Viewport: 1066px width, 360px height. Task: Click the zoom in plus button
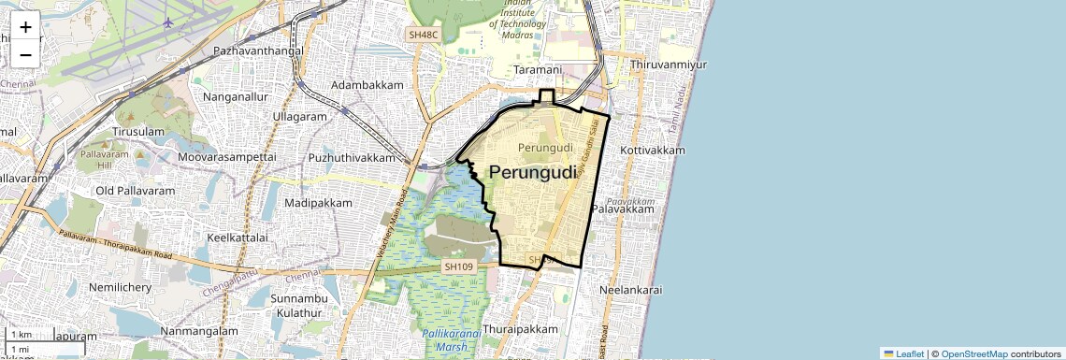(x=25, y=27)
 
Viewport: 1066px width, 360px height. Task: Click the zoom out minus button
(x=25, y=54)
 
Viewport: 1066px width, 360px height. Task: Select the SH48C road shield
(x=423, y=35)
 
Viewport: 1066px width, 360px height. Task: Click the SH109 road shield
(x=459, y=266)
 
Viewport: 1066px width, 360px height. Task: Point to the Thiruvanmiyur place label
(x=669, y=65)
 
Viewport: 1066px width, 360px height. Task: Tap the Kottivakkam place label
(x=653, y=150)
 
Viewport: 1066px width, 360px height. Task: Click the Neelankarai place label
(x=630, y=290)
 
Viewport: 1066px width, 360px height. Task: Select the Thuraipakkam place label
(x=520, y=329)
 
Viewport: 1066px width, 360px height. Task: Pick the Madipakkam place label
(x=318, y=203)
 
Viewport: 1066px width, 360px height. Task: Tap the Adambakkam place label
(x=367, y=85)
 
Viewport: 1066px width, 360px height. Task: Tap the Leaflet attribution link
(x=903, y=353)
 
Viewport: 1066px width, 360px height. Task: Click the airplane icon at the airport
(x=168, y=22)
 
